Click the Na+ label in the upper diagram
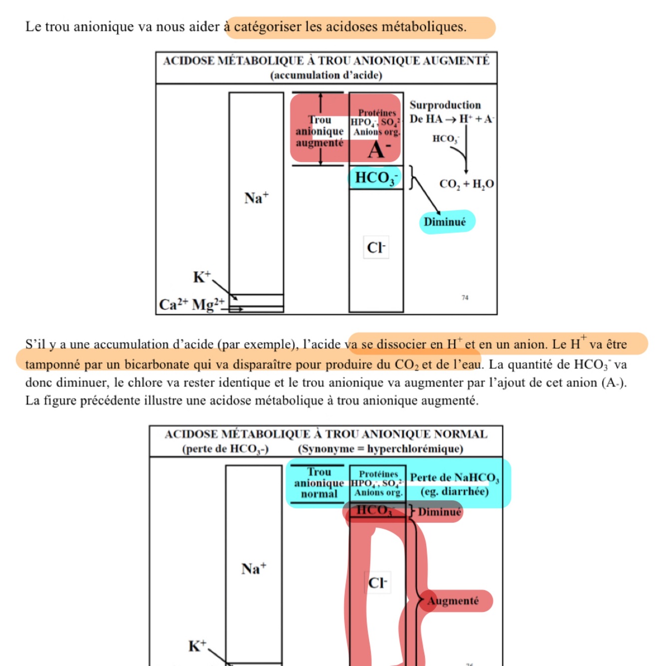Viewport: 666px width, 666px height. pyautogui.click(x=256, y=198)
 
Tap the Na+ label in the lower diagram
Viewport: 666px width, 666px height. pyautogui.click(x=254, y=568)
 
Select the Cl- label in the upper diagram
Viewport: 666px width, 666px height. pyautogui.click(x=376, y=247)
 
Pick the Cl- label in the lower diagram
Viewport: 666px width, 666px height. pyautogui.click(x=377, y=583)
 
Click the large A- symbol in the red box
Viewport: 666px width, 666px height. pyautogui.click(x=379, y=150)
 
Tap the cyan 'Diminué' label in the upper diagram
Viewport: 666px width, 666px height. pyautogui.click(x=445, y=222)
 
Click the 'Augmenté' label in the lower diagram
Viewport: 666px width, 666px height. pyautogui.click(x=453, y=601)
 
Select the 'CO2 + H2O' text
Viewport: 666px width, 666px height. pyautogui.click(x=466, y=184)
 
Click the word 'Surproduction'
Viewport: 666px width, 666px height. pyautogui.click(x=445, y=105)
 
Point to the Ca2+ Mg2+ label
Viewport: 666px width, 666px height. pyautogui.click(x=192, y=304)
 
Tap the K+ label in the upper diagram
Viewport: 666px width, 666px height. pyautogui.click(x=202, y=277)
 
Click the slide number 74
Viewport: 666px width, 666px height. pyautogui.click(x=465, y=298)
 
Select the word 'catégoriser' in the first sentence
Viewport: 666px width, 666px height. pyautogui.click(x=268, y=26)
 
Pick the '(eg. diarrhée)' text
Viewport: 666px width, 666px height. pyautogui.click(x=454, y=492)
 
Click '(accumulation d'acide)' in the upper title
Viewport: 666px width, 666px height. pyautogui.click(x=326, y=75)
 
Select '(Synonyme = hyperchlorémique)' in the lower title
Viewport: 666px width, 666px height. pyautogui.click(x=380, y=449)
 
